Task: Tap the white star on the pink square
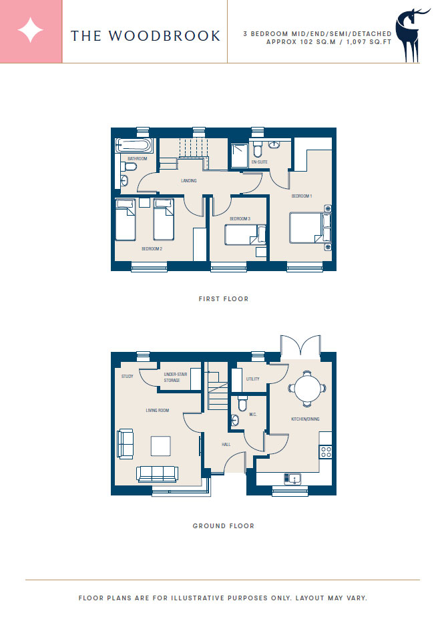tap(31, 31)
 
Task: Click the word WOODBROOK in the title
tap(164, 36)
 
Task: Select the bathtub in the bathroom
tap(134, 146)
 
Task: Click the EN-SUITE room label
tap(259, 162)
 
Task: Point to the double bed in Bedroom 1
tap(310, 228)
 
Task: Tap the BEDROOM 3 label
tap(240, 219)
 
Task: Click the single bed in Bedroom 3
tap(245, 235)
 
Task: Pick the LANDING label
tap(189, 181)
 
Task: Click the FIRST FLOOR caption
tap(224, 298)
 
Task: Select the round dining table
tap(307, 389)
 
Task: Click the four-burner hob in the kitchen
tap(326, 452)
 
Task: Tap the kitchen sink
tap(292, 478)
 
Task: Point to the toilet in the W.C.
tap(242, 403)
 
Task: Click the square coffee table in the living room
tap(161, 446)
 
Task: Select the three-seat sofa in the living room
tap(157, 474)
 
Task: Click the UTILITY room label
tap(253, 379)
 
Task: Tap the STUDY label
tap(128, 377)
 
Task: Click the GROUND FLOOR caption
tap(224, 526)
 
